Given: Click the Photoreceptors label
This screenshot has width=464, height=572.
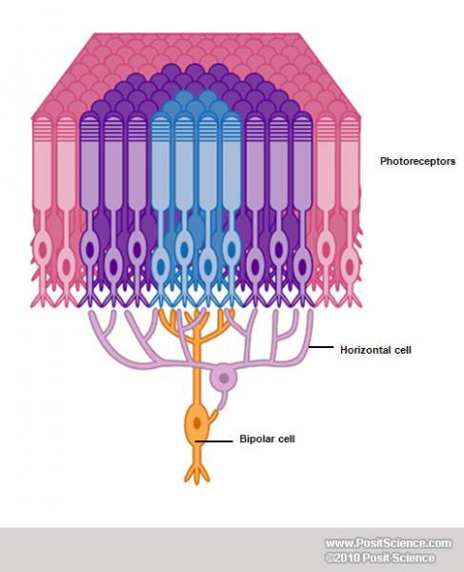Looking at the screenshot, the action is click(417, 161).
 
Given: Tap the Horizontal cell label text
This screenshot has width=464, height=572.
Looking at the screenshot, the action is click(375, 350).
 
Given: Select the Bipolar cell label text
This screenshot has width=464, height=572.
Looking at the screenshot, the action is click(267, 439).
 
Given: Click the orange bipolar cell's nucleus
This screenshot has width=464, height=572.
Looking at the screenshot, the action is click(197, 423).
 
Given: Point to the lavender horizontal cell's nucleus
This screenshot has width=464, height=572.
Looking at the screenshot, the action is click(224, 378).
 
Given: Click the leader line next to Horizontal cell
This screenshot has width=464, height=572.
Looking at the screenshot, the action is click(321, 347).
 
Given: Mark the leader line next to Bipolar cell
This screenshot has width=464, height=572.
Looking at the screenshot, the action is click(213, 441).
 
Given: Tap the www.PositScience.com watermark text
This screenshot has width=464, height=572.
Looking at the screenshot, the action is click(389, 543).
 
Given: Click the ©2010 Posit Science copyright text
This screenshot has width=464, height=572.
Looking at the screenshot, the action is click(380, 558).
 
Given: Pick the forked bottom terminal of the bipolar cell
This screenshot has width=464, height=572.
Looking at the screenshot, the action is click(197, 473).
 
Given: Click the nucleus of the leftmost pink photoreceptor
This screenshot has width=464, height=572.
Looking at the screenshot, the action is click(43, 250).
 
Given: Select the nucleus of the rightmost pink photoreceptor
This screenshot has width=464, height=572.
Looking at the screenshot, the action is click(350, 267).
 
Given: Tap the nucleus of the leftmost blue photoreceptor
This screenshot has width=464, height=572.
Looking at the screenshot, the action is click(160, 267).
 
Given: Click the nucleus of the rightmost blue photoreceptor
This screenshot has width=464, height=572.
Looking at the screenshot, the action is click(232, 250).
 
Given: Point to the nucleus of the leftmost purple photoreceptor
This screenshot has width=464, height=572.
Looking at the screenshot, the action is click(90, 250).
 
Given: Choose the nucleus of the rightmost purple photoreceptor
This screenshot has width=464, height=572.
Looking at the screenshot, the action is click(303, 267).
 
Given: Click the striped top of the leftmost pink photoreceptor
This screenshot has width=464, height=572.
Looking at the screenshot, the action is click(43, 129).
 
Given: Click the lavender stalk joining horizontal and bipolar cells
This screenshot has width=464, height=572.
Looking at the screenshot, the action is click(222, 401).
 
